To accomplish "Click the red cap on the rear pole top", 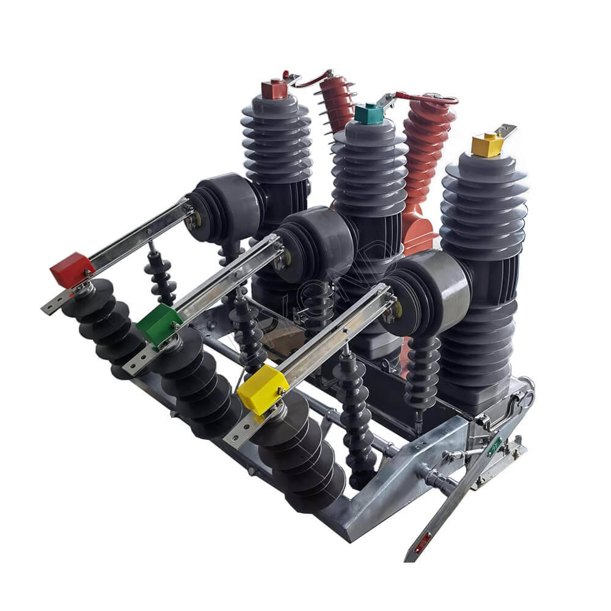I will point(274,89).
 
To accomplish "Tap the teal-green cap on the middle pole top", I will point(368,114).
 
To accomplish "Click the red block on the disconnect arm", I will point(72,269).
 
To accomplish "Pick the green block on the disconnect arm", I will point(158,324).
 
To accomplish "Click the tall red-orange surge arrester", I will point(425,165).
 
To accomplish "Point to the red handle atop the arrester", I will point(428,98).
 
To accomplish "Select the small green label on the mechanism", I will point(494,445).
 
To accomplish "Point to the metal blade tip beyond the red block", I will point(51,305).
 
